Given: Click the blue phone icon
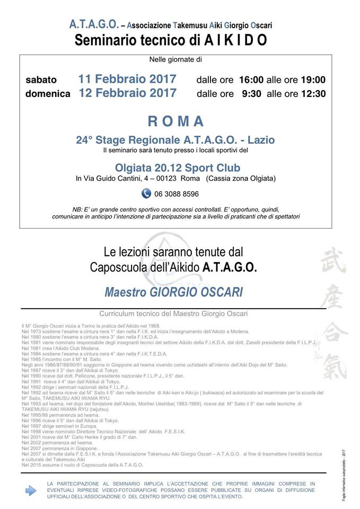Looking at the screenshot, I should pos(146,194).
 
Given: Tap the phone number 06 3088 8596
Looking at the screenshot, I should pos(177,194).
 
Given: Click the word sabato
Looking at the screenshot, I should pos(41,80).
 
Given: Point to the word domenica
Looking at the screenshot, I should pos(48,94).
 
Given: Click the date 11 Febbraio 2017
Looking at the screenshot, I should pos(127,80).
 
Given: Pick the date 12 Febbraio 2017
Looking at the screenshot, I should pos(127,93).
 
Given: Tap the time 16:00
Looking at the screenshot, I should pos(251,80).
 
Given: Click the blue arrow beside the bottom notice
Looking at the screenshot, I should pos(31,491).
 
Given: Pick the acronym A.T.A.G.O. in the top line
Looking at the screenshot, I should pos(93,24).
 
